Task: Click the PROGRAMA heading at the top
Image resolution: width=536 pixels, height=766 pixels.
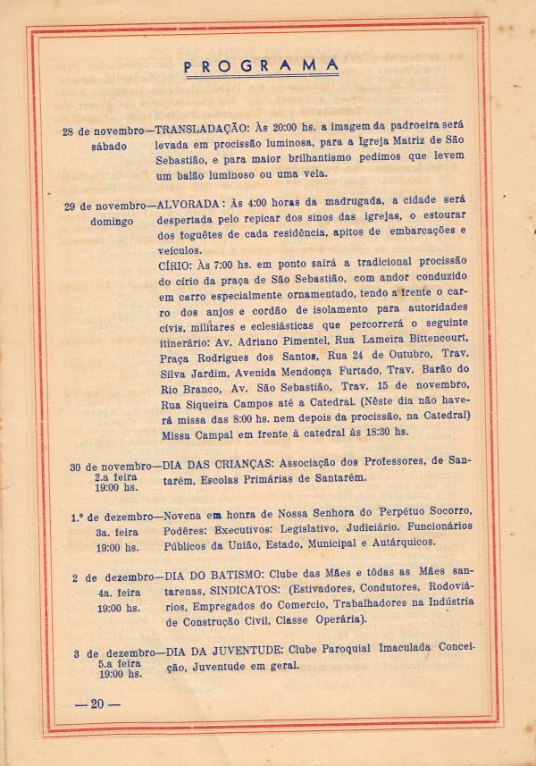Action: [261, 65]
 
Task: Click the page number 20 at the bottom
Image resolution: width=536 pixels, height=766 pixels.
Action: [97, 704]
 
